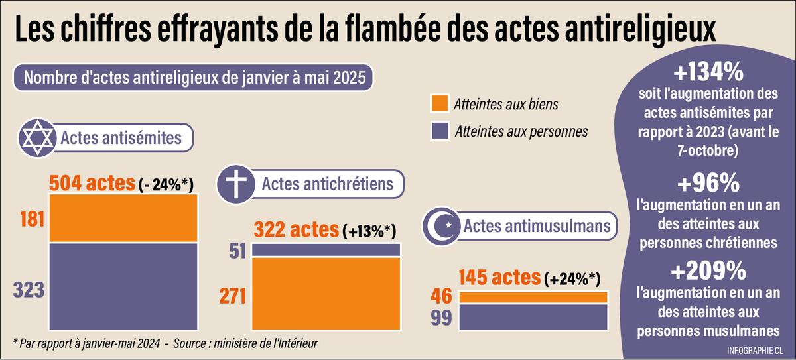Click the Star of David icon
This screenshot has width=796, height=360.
point(38,138)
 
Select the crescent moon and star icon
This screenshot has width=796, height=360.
point(442,227)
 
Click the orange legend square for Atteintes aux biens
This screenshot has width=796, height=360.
point(440,104)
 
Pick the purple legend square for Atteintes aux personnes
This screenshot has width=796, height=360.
point(440,131)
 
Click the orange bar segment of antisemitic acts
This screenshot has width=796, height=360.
point(123,219)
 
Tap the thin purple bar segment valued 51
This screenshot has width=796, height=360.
point(325,250)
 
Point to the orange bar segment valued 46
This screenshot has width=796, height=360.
point(533,297)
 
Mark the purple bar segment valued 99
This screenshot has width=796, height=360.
point(533,317)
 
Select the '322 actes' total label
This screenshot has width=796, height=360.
point(295,230)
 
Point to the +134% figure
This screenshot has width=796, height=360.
point(708,71)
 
